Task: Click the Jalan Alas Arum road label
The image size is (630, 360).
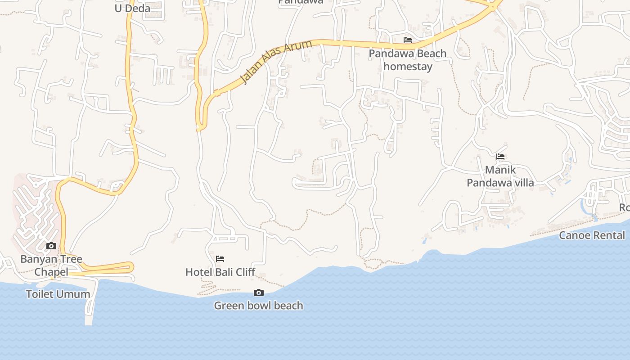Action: pyautogui.click(x=276, y=62)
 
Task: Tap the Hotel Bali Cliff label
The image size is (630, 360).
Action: pyautogui.click(x=220, y=272)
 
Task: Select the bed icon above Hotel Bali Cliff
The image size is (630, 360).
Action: pyautogui.click(x=220, y=259)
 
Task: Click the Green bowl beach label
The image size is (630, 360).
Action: pyautogui.click(x=258, y=306)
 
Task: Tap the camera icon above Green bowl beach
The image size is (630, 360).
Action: pyautogui.click(x=259, y=293)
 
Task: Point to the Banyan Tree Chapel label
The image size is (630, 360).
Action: pyautogui.click(x=51, y=265)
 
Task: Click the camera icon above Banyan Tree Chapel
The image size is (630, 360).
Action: pyautogui.click(x=51, y=246)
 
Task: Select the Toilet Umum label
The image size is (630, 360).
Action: pyautogui.click(x=58, y=294)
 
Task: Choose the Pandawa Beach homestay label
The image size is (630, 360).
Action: pyautogui.click(x=408, y=60)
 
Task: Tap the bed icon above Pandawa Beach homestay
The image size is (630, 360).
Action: pyautogui.click(x=408, y=40)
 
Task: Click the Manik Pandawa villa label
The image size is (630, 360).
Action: pyautogui.click(x=500, y=176)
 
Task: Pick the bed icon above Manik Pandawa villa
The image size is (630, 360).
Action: pyautogui.click(x=500, y=157)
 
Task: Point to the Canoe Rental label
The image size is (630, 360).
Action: pyautogui.click(x=592, y=235)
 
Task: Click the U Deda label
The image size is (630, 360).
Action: pyautogui.click(x=132, y=8)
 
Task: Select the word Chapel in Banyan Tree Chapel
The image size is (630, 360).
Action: pyautogui.click(x=51, y=272)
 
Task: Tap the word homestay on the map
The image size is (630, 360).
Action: pyautogui.click(x=408, y=67)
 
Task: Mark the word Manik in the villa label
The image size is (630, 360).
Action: pyautogui.click(x=500, y=170)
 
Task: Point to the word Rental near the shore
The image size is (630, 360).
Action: pyautogui.click(x=608, y=235)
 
